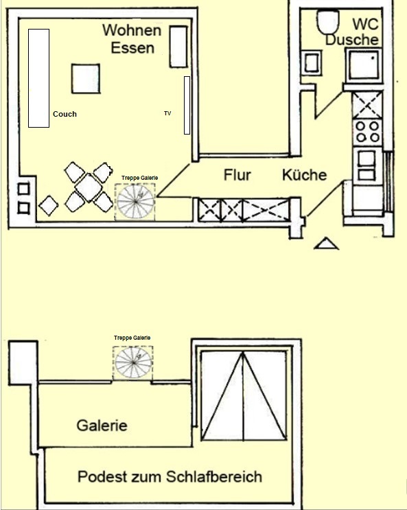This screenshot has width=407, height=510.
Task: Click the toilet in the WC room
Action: coord(328,22)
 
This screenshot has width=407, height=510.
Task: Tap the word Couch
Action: coord(65,114)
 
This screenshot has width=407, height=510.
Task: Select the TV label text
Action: coord(167,113)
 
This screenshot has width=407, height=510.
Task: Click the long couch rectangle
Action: coord(38,78)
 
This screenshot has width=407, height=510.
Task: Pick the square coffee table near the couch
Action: coord(86,78)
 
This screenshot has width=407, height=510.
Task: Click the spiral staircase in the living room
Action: coord(135,202)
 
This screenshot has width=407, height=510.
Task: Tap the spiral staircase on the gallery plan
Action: coord(133,362)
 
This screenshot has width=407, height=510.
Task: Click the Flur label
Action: coord(237,175)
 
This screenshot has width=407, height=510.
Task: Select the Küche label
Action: coord(305,175)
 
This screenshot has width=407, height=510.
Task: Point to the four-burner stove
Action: coord(368,131)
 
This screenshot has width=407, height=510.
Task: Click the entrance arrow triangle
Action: coord(326,244)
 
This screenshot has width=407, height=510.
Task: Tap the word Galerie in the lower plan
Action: coord(102,426)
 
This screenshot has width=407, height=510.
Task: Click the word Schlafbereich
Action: coord(214,477)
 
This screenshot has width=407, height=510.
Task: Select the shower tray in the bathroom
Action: coord(364,65)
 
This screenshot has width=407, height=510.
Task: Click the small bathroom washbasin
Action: coord(312,63)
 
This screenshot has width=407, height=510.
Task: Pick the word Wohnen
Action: coord(132,30)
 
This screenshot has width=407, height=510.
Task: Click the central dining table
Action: coord(89,187)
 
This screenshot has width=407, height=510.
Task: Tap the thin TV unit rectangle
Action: coord(187,105)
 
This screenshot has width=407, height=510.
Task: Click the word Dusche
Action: coord(351,40)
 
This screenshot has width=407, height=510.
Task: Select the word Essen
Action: coord(132,48)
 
